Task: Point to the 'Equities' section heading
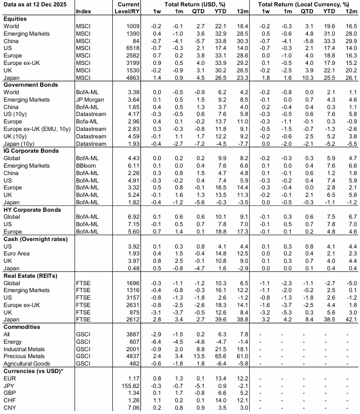(16, 18)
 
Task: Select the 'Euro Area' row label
(18, 254)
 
